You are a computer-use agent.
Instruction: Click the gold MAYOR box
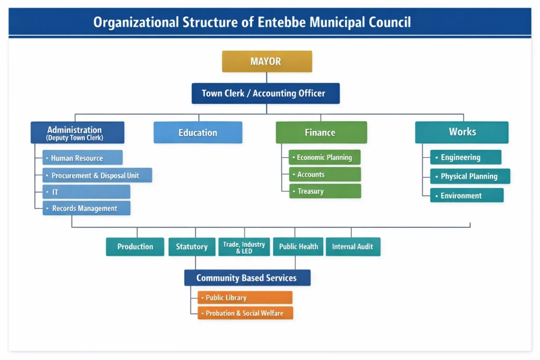267,62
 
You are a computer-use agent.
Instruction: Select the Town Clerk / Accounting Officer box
265,93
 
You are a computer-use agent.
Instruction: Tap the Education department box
198,133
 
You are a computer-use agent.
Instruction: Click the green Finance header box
321,133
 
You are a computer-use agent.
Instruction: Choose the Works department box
461,132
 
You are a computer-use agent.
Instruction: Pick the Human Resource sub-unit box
82,158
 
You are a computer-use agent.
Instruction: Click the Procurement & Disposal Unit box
97,176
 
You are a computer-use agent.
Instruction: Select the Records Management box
86,209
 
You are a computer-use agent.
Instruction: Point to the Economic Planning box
325,158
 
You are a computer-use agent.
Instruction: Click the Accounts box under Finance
325,174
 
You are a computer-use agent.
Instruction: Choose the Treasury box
325,191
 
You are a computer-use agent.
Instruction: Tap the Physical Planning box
470,177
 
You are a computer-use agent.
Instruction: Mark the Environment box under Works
466,196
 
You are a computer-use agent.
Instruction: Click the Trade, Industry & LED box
244,247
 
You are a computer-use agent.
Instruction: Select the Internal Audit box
353,247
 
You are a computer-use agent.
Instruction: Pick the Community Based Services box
247,278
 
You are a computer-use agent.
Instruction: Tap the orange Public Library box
245,298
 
